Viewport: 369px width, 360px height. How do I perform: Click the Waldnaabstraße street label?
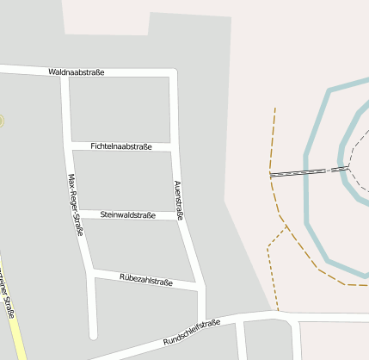coord(77,72)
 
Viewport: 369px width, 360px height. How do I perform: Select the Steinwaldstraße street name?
coord(127,214)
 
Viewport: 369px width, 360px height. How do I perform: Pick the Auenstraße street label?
coord(178,201)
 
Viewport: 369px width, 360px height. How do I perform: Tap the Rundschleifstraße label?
coord(191,333)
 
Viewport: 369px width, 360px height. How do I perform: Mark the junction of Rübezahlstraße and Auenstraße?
coord(200,286)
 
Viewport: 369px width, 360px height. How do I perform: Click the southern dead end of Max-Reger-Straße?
coord(93,334)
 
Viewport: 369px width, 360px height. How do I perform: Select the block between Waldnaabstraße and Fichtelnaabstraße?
coord(120,109)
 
